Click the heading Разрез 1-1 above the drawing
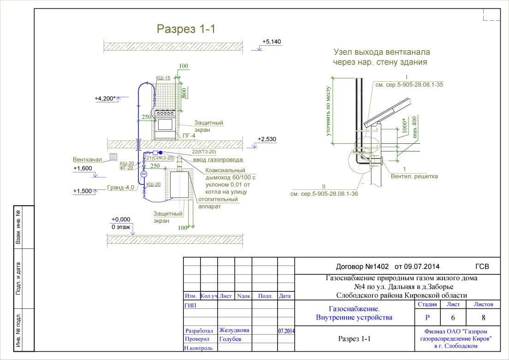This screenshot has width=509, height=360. (186, 29)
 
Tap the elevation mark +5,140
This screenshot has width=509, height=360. (271, 41)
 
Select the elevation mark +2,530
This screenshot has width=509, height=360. (267, 139)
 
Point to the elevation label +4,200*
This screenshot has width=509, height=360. (105, 99)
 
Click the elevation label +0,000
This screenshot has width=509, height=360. (121, 219)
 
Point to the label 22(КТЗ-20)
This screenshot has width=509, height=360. (204, 152)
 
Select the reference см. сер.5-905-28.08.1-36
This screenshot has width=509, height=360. (325, 194)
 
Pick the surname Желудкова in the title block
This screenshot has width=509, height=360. (234, 330)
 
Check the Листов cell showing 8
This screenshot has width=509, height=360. (483, 318)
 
